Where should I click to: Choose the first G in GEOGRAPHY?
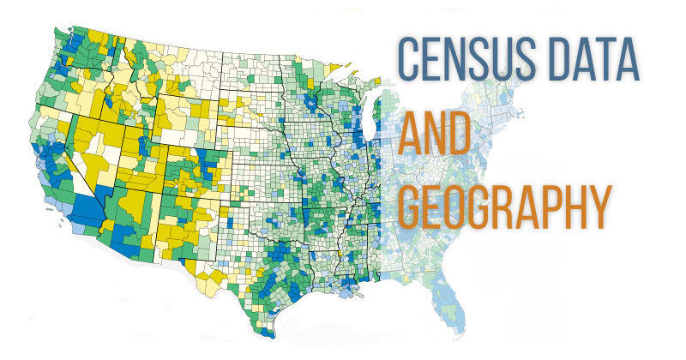coord(410,206)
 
